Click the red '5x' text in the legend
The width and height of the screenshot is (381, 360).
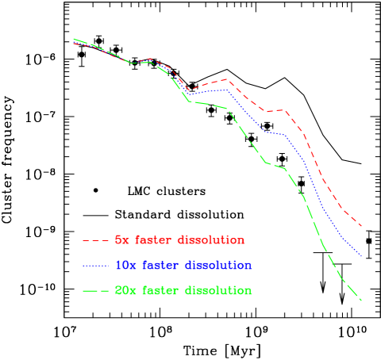pyautogui.click(x=122, y=239)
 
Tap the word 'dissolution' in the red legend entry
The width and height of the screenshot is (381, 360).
pyautogui.click(x=210, y=239)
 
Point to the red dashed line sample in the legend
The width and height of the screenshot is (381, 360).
pyautogui.click(x=95, y=240)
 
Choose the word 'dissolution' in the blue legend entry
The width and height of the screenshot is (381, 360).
pyautogui.click(x=217, y=265)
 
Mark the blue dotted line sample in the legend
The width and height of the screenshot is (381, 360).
pyautogui.click(x=95, y=266)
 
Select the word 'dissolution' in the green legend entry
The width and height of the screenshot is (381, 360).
pyautogui.click(x=217, y=290)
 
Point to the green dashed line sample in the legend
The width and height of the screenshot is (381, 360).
pyautogui.click(x=95, y=291)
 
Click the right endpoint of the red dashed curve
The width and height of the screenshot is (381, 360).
pyautogui.click(x=362, y=227)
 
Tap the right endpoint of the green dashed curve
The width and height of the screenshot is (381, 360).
pyautogui.click(x=362, y=301)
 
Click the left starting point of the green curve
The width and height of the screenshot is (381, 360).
pyautogui.click(x=74, y=38)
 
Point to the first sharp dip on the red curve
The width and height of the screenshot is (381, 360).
pyautogui.click(x=189, y=89)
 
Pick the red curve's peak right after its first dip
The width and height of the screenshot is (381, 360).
pyautogui.click(x=226, y=79)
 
